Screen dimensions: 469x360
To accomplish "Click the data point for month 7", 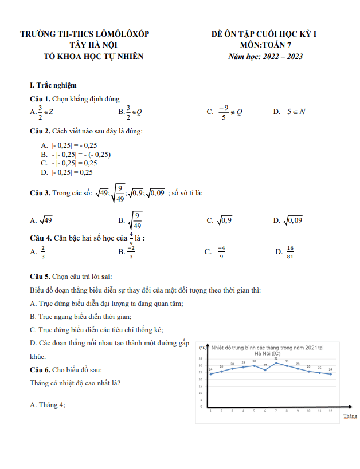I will tap(276, 362).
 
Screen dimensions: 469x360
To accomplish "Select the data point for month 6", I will tap(265, 370).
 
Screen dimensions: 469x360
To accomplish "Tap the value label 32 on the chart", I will tap(276, 358).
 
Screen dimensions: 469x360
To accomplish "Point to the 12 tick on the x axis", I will tap(330, 411).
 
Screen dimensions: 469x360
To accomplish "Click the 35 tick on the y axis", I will tap(201, 358).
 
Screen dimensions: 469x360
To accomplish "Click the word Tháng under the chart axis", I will tap(350, 416).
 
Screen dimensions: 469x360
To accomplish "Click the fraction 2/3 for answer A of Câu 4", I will tap(43, 251).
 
